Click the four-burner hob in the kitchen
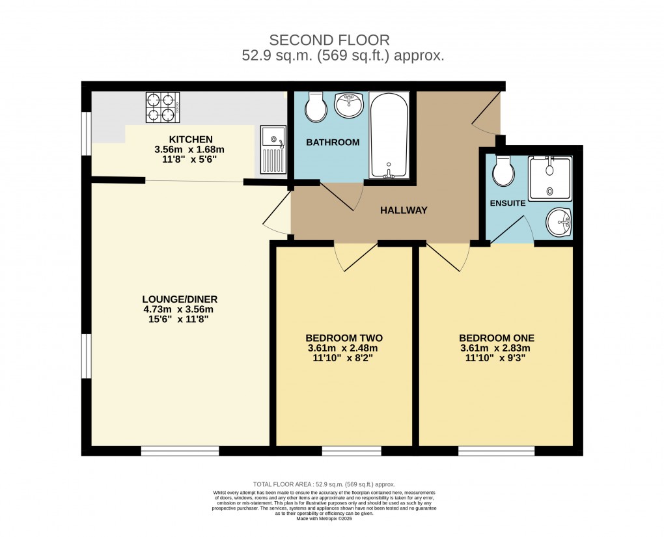coord(163,107)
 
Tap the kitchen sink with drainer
coord(273,150)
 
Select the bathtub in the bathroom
coord(389,135)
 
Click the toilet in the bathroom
coord(316,107)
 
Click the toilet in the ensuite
coord(503,171)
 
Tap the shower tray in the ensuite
coord(550,178)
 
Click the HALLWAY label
coord(404,210)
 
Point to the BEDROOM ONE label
coord(496,338)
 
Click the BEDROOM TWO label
coord(344,338)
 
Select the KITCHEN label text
coord(191,139)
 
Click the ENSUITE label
coord(507,203)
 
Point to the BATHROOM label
coord(333,142)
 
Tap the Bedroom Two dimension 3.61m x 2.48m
coord(344,348)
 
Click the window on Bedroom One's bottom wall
coord(496,450)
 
